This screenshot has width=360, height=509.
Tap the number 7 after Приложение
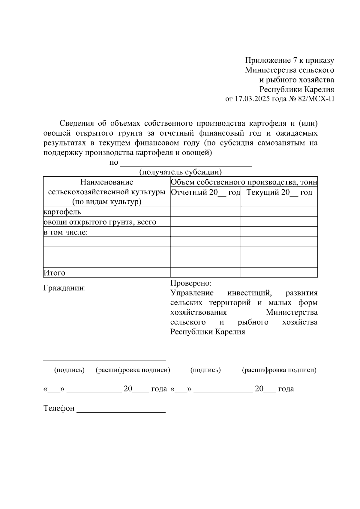(295, 60)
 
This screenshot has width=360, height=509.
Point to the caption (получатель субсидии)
(180, 172)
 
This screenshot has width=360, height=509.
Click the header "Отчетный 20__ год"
(205, 192)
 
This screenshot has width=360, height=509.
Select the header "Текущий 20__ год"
(279, 192)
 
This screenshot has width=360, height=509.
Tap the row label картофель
(62, 212)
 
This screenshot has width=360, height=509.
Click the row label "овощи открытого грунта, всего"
(100, 222)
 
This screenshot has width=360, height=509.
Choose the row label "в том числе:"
(66, 232)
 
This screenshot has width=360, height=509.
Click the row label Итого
(54, 273)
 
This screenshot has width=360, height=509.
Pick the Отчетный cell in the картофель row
(205, 211)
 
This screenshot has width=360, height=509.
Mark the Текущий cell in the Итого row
(279, 272)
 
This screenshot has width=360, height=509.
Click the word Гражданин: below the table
(65, 288)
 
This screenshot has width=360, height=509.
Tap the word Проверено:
(191, 283)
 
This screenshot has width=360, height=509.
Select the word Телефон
(59, 408)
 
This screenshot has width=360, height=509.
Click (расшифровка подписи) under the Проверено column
(279, 370)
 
